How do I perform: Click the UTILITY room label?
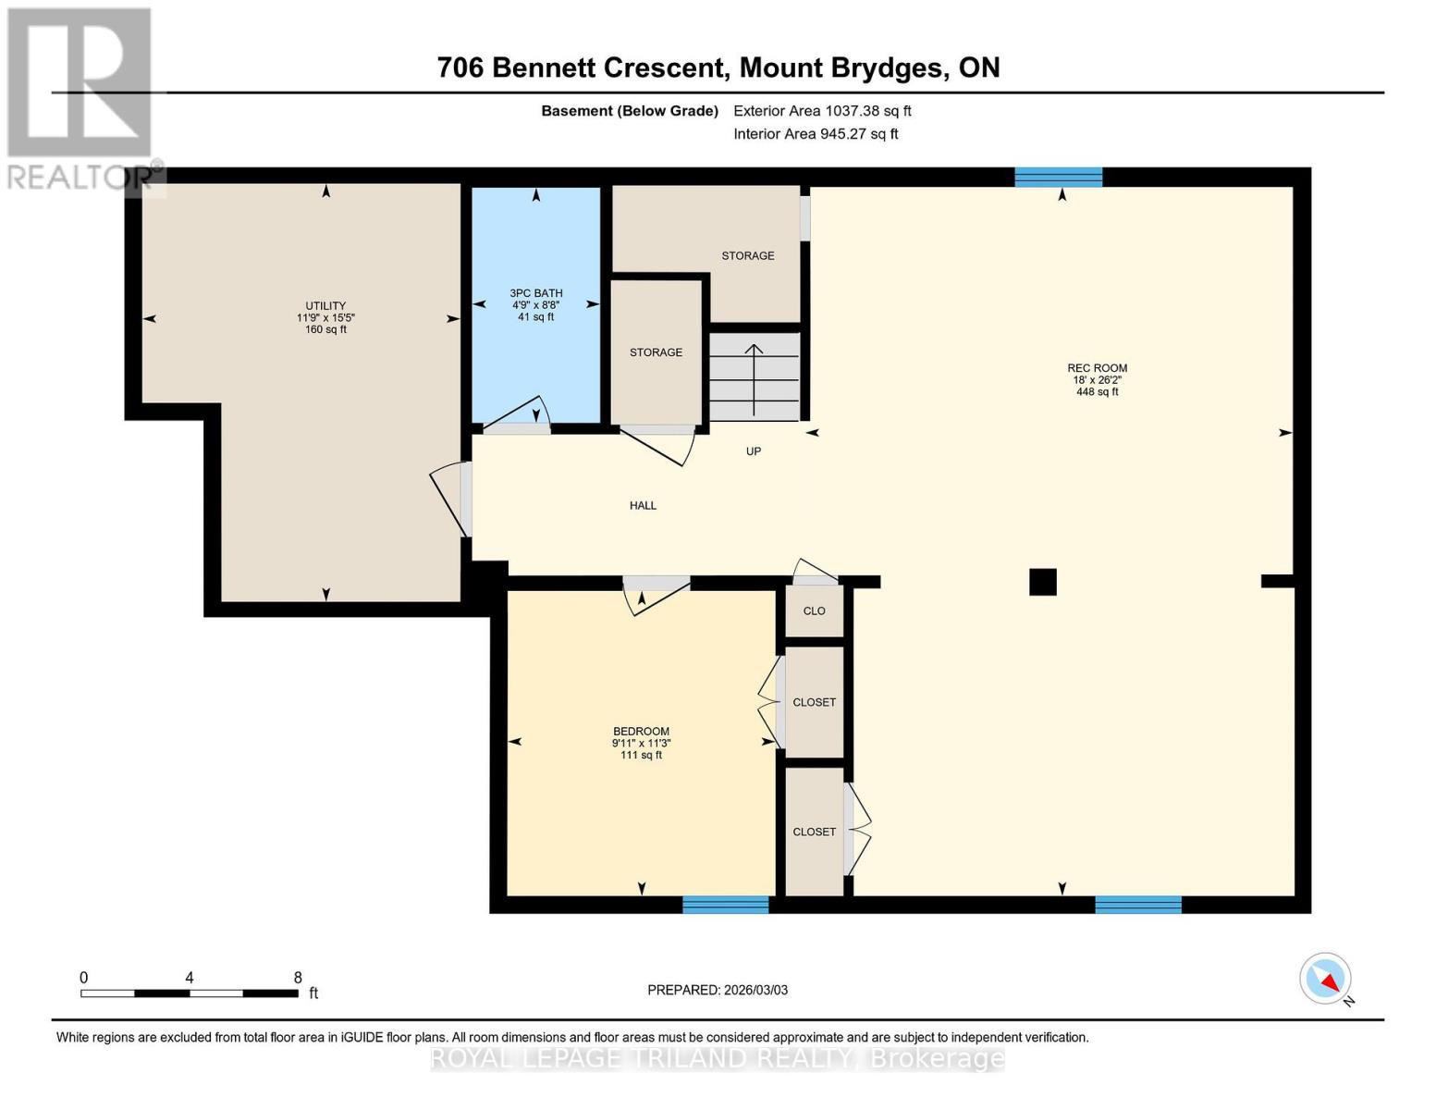[325, 306]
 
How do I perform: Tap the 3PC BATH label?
[536, 293]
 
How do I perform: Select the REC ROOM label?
[1097, 368]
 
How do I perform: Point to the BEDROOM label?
[641, 732]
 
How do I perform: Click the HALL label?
[643, 506]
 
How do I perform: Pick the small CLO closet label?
[814, 611]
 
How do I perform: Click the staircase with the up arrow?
[754, 378]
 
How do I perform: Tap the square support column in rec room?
[1043, 582]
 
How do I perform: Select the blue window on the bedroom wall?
[726, 905]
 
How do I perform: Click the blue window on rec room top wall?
[1058, 177]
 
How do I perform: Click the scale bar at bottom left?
[190, 993]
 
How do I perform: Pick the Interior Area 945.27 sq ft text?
[816, 134]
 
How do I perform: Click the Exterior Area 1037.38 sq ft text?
[822, 111]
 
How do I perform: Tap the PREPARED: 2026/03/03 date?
[718, 991]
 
